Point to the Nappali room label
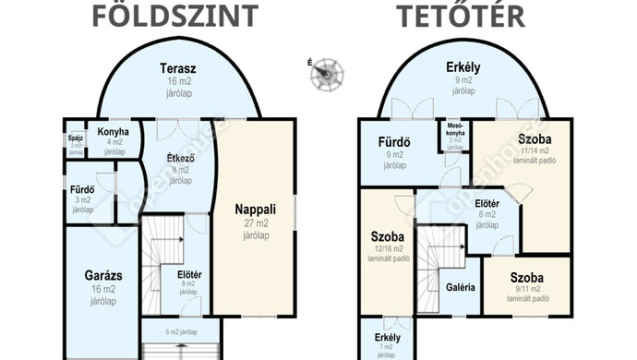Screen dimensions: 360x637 pyautogui.click(x=255, y=210)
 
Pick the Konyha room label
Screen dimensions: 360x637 pyautogui.click(x=114, y=132)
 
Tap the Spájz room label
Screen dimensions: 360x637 pyautogui.click(x=76, y=139)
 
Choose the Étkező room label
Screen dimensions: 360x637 pyautogui.click(x=179, y=157)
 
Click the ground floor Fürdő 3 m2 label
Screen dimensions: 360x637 pyautogui.click(x=82, y=191)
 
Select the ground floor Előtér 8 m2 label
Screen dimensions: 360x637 pyautogui.click(x=188, y=274)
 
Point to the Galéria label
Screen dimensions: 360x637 pyautogui.click(x=460, y=287)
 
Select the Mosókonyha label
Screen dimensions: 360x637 pyautogui.click(x=454, y=129)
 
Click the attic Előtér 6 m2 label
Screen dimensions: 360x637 pyautogui.click(x=487, y=203)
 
